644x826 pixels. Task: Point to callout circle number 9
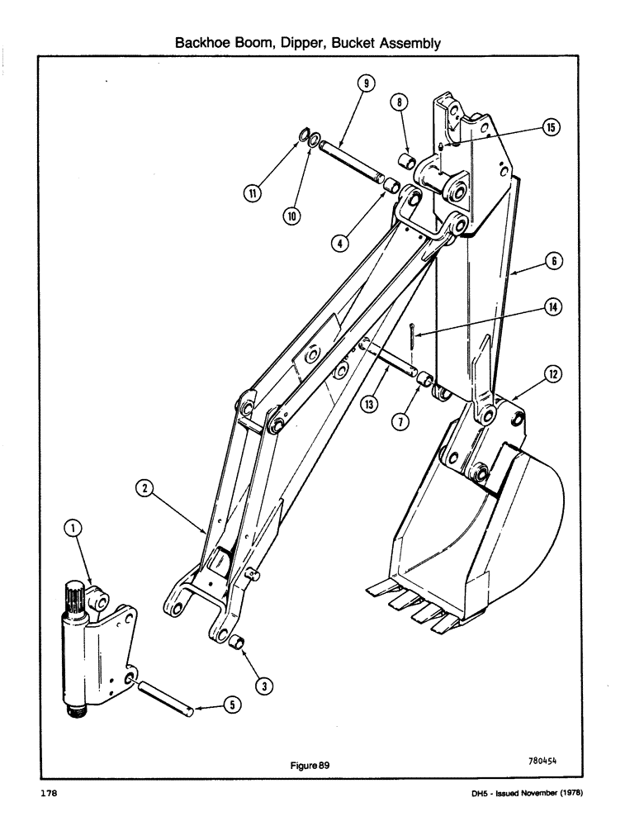tap(366, 83)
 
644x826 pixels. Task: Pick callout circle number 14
tap(550, 306)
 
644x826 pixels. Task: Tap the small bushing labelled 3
tap(237, 642)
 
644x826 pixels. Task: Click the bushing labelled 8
tap(405, 159)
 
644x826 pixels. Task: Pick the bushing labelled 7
tap(426, 381)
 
